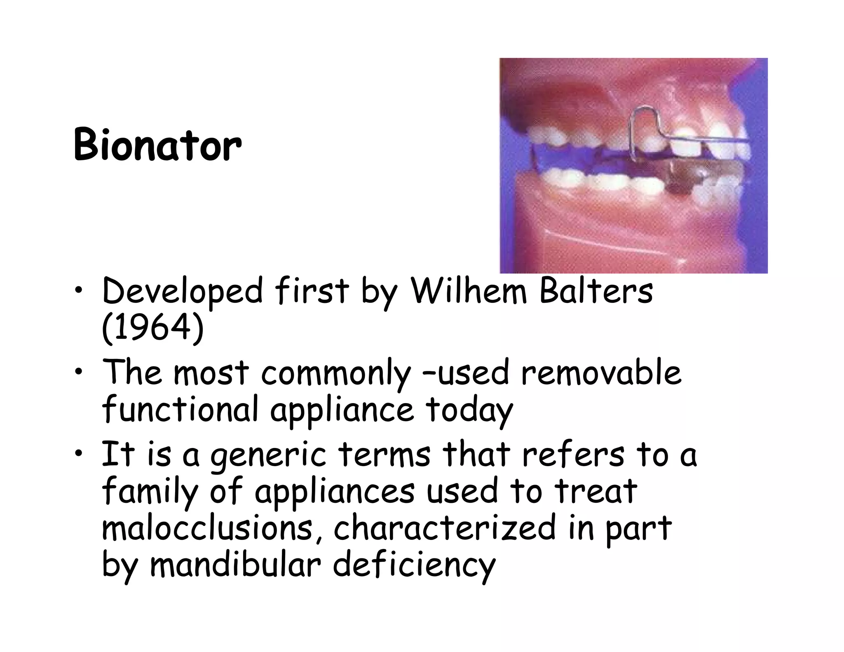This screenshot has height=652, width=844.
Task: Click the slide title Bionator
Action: [x=157, y=145]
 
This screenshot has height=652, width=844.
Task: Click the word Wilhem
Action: [x=469, y=291]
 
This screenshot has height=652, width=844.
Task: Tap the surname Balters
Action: [x=596, y=291]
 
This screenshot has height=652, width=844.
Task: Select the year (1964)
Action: [x=152, y=328]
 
